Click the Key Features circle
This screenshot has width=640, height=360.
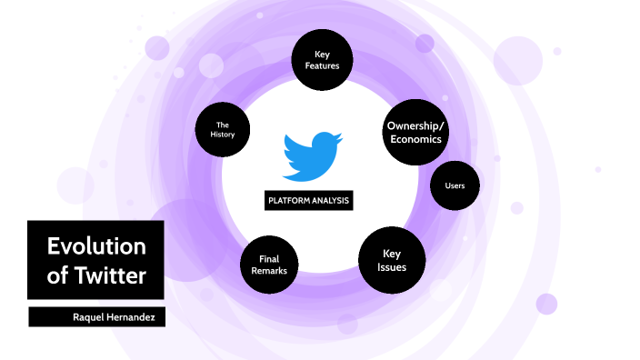pyautogui.click(x=321, y=61)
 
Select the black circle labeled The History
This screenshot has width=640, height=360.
pyautogui.click(x=223, y=130)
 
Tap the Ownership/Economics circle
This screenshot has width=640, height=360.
pyautogui.click(x=415, y=133)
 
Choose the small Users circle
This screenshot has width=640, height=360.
pyautogui.click(x=455, y=186)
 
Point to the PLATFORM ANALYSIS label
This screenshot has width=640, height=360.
pyautogui.click(x=308, y=201)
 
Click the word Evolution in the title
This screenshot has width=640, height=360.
pyautogui.click(x=95, y=246)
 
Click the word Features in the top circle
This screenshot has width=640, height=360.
pyautogui.click(x=321, y=67)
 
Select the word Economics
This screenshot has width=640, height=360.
pyautogui.click(x=415, y=140)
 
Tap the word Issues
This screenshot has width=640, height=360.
pyautogui.click(x=392, y=268)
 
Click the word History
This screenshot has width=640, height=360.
pyautogui.click(x=223, y=135)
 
